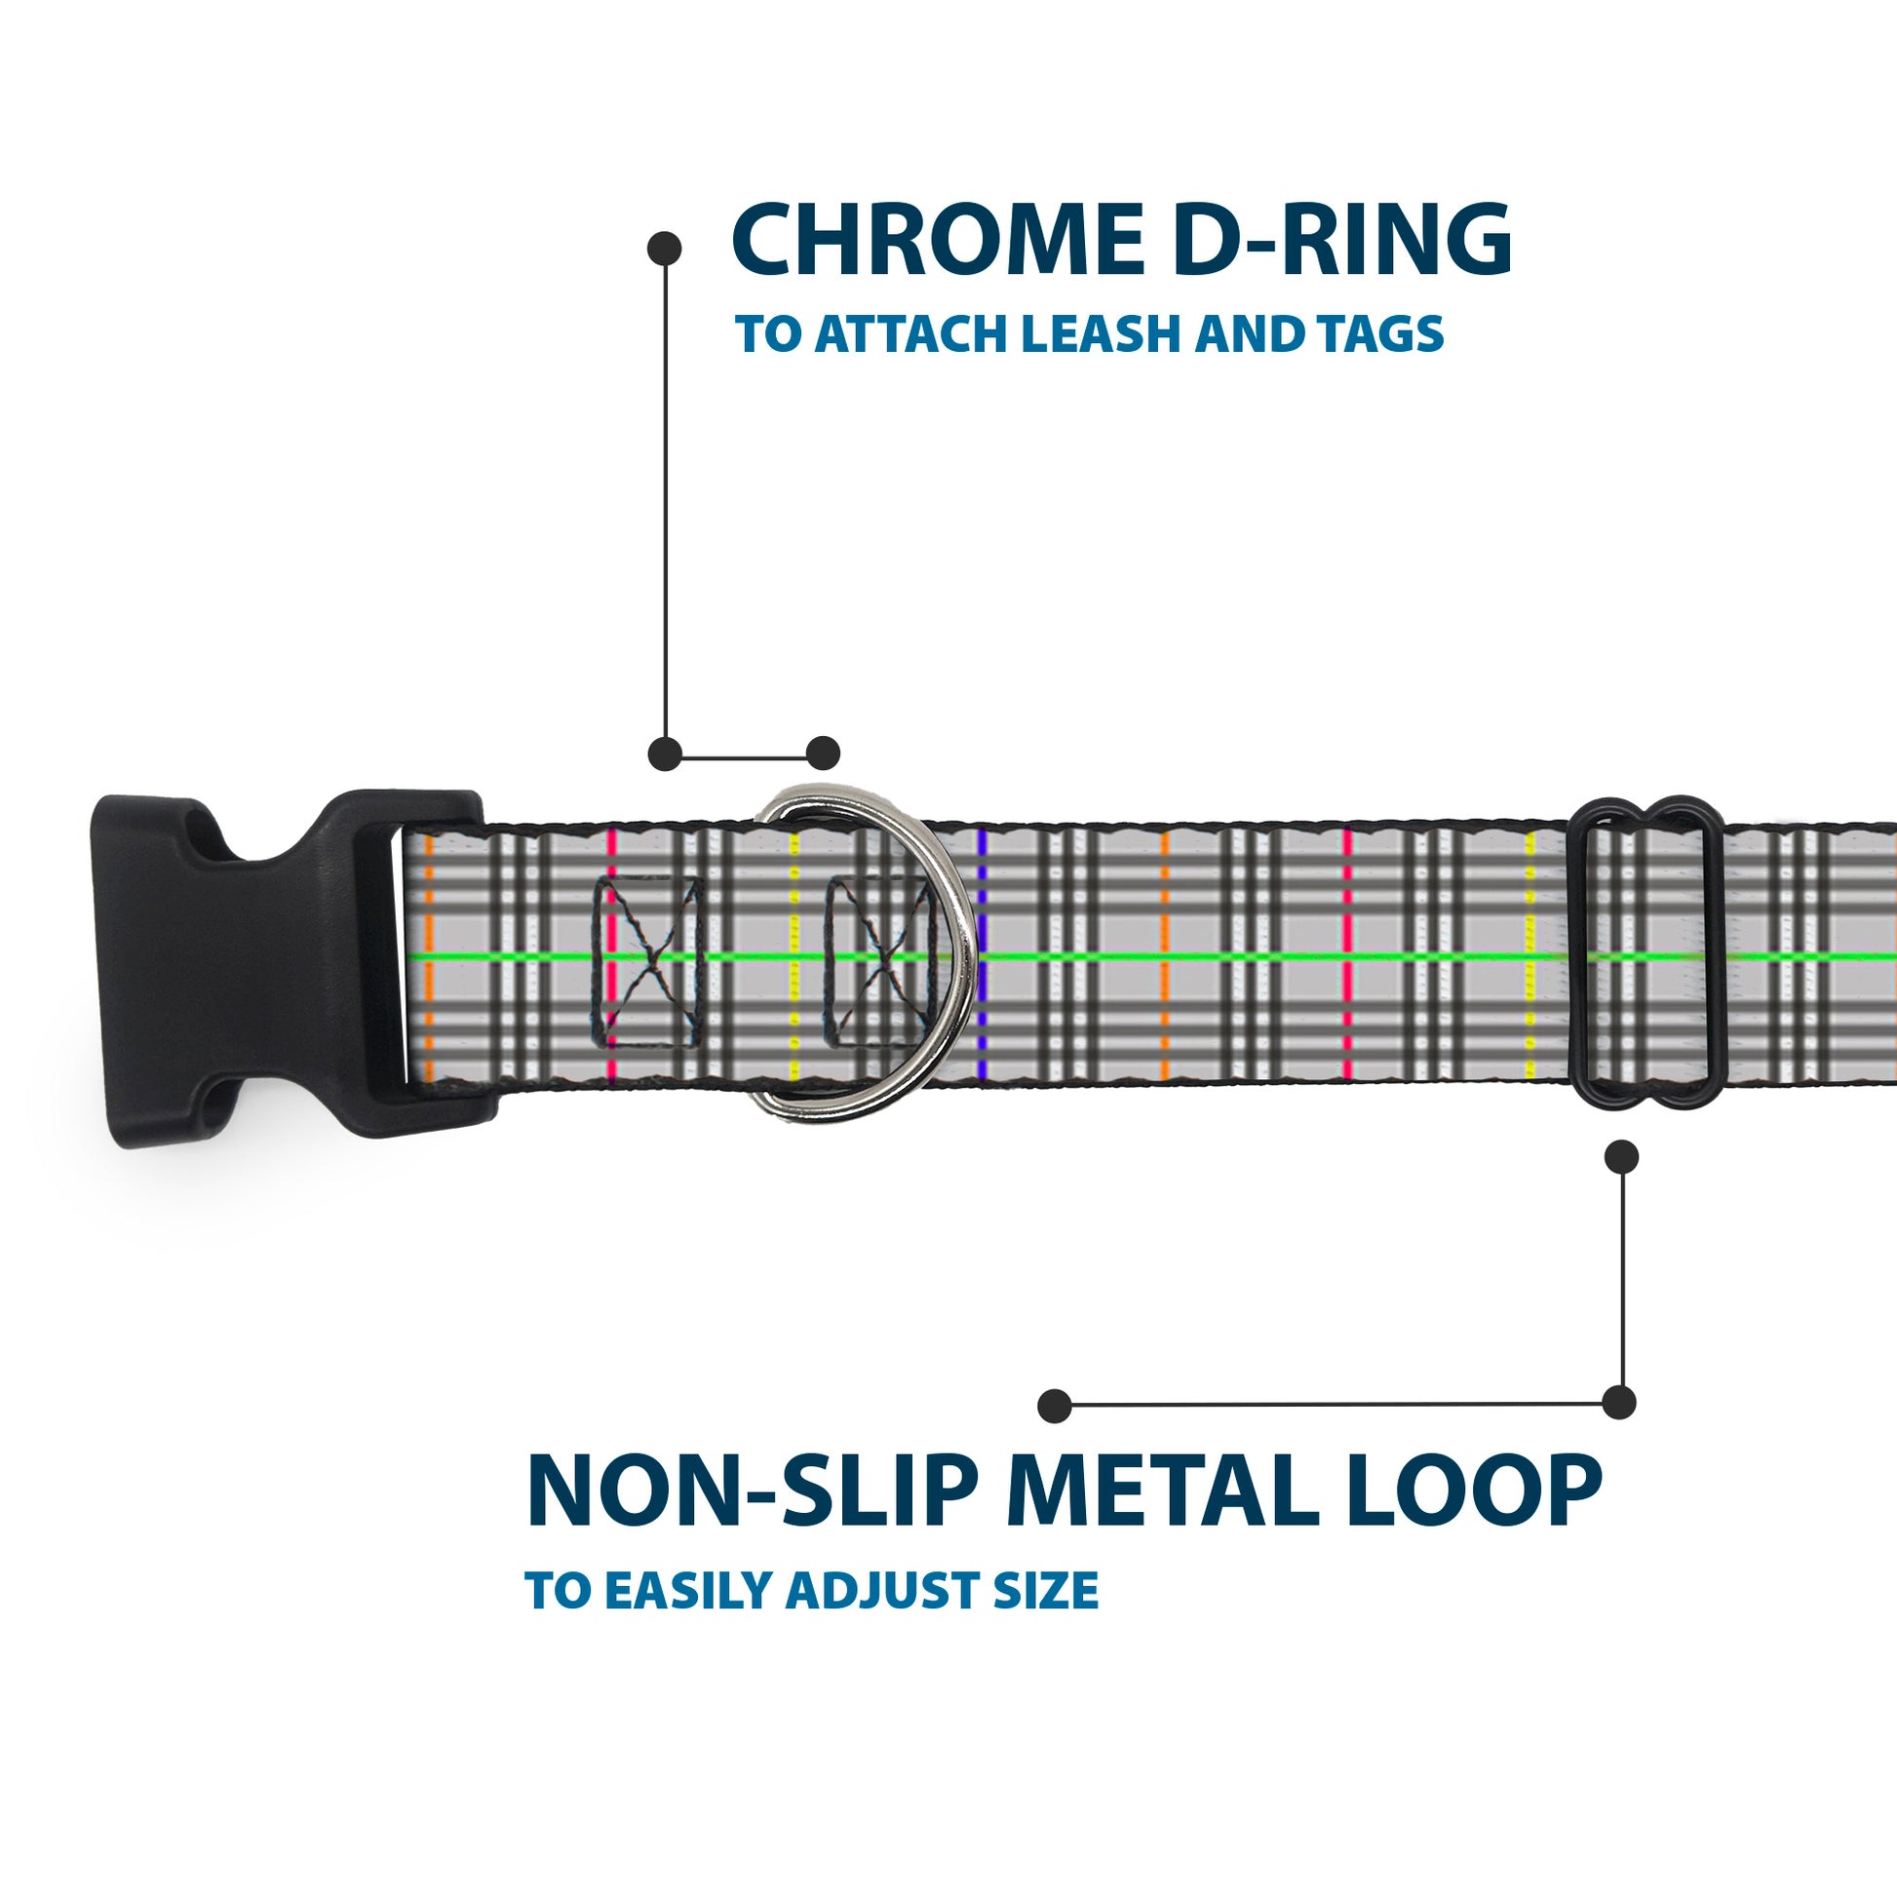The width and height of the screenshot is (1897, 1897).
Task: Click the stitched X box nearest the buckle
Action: point(647,961)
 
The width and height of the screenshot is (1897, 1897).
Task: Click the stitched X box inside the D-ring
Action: point(876,961)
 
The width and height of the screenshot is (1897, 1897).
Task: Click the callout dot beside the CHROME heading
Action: point(665,249)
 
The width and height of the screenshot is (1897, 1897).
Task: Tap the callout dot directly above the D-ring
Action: point(823,754)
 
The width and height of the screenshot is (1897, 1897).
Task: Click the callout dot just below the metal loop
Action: point(1621,1157)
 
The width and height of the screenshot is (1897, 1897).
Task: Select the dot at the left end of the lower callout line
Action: point(1055,1406)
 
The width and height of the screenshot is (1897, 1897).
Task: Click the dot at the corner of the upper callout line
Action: point(665,754)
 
